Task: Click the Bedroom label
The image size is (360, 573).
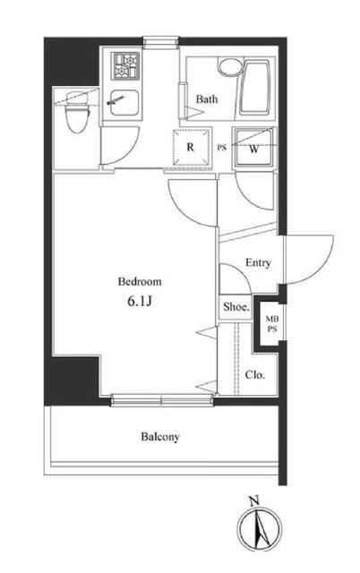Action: coord(140,282)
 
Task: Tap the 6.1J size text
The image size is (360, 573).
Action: coord(139,301)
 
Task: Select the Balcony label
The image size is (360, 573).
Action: coord(160,437)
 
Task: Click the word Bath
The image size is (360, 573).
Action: coord(207,98)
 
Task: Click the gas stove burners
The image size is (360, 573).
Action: coord(126,65)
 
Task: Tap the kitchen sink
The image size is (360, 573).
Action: coord(124,102)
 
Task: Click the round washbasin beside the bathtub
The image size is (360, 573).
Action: coord(228,65)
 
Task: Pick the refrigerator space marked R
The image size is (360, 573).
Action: coord(191,147)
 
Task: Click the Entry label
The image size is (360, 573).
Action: coord(258,262)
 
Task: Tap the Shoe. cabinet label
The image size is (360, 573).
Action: coord(236,307)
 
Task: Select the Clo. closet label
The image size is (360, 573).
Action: coord(254,375)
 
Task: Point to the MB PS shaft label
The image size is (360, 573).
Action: coord(272,324)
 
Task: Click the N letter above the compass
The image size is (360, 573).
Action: coord(253,500)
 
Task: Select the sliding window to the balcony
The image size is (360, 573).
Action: coord(162,400)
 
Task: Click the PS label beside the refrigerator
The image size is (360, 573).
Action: coord(222,148)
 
